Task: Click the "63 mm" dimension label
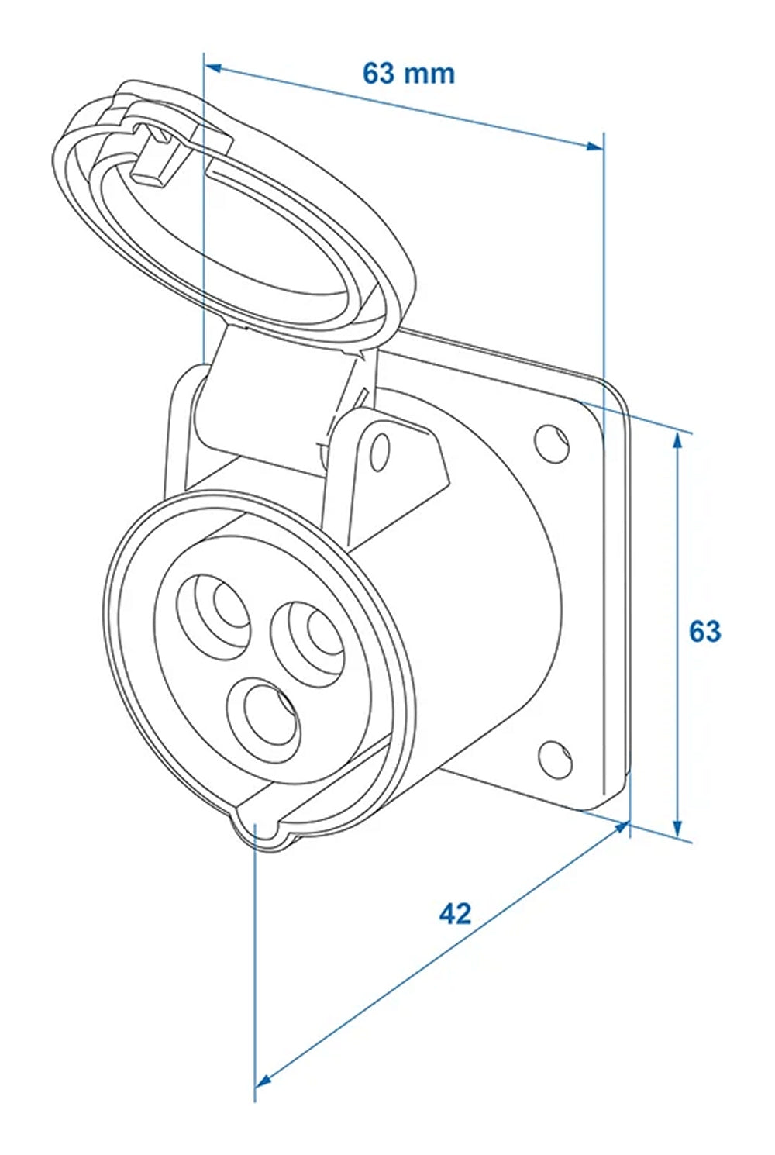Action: (x=408, y=73)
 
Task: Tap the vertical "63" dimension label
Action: (x=705, y=631)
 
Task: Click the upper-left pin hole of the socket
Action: (x=213, y=617)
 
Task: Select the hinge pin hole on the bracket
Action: (x=381, y=453)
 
